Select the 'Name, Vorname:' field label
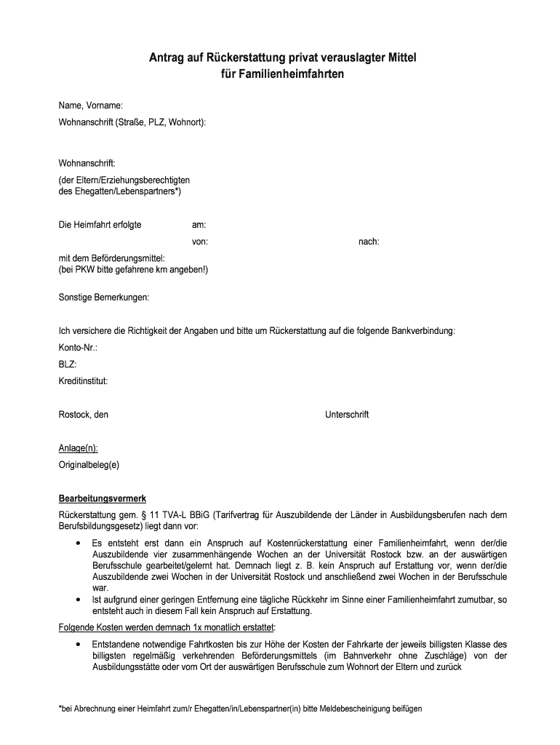pos(91,106)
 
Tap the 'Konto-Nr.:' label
pos(78,348)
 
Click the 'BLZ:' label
pos(68,364)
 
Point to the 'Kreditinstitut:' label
pos(83,381)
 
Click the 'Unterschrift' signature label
pos(347,415)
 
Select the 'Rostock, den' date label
pos(84,415)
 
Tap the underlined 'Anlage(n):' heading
pos(79,448)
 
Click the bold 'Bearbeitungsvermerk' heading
pos(103,498)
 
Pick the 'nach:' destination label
pos(369,242)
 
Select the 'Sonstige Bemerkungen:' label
pos(104,298)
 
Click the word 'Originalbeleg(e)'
pos(89,464)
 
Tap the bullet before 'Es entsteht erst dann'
pos(78,543)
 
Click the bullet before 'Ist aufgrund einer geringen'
pos(78,599)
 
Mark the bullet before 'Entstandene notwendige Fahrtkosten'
pos(78,645)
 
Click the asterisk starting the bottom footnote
pos(60,708)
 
